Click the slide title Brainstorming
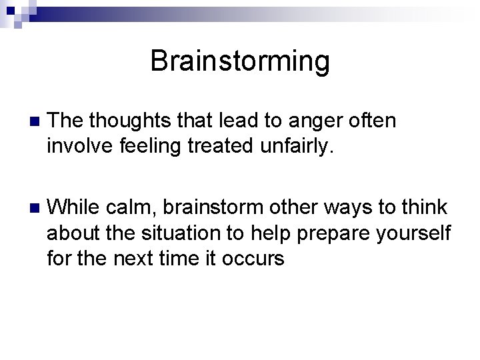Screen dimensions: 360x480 (x=240, y=61)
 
